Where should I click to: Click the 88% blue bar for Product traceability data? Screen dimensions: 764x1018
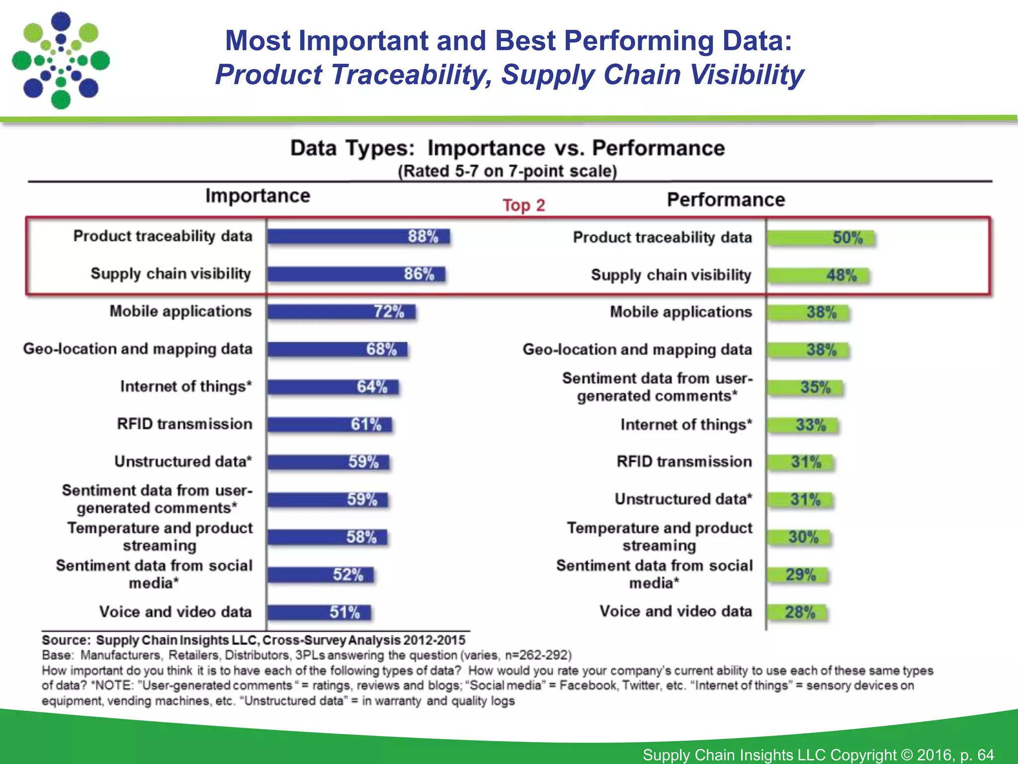358,236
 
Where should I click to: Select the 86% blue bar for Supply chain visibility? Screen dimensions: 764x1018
355,274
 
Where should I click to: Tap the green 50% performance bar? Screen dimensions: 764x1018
820,238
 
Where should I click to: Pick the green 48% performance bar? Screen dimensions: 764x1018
818,276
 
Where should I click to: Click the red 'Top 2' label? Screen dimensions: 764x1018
523,205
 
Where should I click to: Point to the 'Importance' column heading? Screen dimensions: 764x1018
257,196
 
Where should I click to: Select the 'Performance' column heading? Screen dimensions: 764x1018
726,200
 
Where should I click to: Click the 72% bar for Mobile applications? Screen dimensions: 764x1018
341,312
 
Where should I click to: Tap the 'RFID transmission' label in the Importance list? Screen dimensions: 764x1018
184,424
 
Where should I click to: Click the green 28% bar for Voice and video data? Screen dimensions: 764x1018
796,612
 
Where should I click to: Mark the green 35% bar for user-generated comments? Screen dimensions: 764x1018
805,387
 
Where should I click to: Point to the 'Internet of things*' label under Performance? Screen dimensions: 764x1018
686,425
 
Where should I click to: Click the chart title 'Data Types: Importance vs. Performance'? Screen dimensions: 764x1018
507,148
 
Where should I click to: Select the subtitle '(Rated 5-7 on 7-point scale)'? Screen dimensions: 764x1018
507,171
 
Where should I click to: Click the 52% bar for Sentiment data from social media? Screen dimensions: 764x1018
320,575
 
